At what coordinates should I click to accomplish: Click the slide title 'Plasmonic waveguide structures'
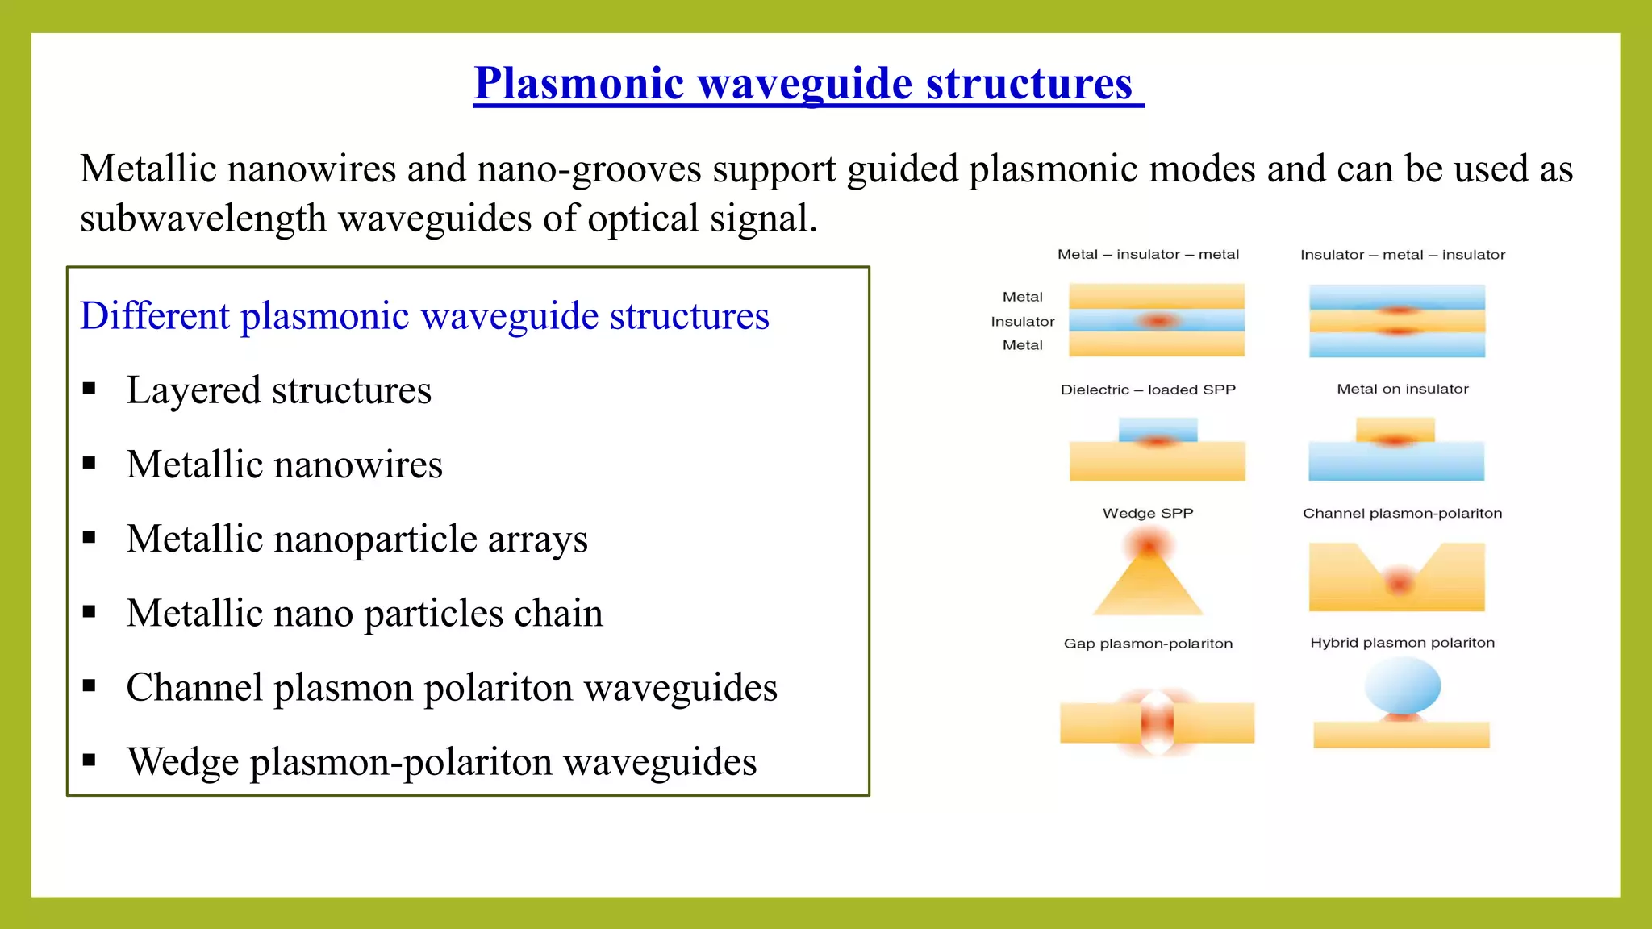807,83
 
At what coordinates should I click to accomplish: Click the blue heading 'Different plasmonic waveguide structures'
424,315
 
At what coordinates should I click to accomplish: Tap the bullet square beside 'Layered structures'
90,390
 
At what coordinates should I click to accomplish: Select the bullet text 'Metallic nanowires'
284,464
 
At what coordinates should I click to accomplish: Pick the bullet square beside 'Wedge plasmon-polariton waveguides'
90,760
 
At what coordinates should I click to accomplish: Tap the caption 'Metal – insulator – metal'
1148,254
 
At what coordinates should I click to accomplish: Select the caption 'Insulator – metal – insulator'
1403,255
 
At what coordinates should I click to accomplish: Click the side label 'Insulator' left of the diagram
1022,321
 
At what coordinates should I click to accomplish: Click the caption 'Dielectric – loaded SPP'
1148,390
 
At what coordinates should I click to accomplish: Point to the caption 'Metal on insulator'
1403,389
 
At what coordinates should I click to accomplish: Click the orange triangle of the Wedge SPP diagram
1148,589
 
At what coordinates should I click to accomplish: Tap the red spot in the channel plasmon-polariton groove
1399,581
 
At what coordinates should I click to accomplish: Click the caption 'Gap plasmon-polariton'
1148,644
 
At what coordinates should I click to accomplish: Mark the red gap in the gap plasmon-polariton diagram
1158,721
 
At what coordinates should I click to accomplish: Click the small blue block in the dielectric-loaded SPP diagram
1158,428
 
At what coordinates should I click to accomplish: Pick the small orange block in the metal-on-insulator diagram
1395,428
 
